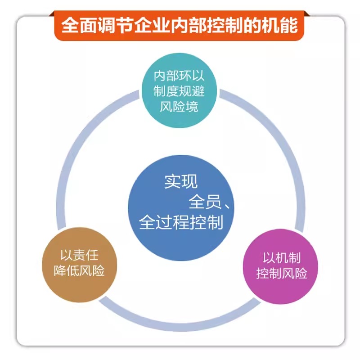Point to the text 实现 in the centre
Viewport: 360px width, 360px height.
(180, 182)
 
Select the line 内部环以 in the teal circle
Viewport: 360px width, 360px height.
(179, 76)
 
